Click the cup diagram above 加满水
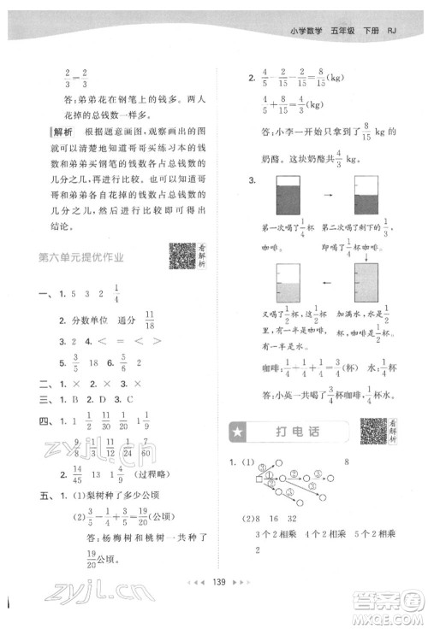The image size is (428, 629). pos(365,283)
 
